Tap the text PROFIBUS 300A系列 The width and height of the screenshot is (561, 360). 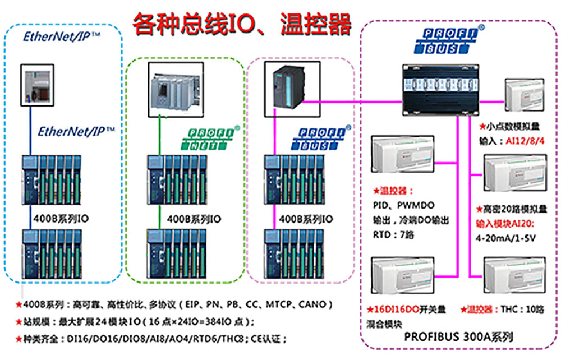click(458, 337)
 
